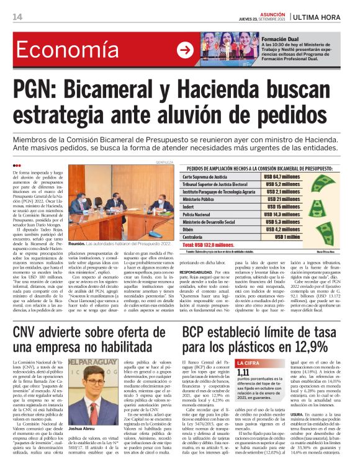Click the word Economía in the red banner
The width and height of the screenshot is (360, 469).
(78, 51)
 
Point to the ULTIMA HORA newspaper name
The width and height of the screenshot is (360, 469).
(327, 16)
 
